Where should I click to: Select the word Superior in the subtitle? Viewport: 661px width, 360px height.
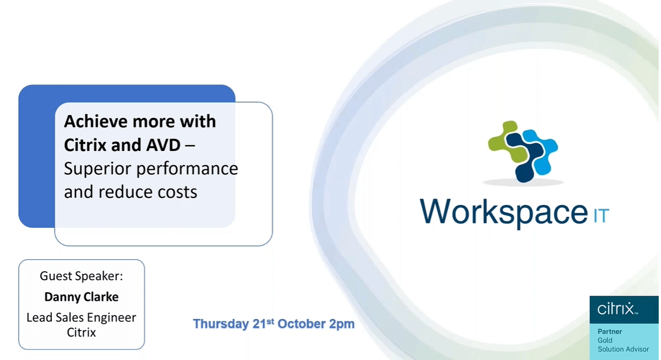(97, 169)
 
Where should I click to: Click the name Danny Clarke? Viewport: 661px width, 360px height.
(81, 297)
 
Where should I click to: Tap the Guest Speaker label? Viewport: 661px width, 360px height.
(81, 276)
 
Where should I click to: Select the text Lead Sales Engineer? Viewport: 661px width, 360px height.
(81, 317)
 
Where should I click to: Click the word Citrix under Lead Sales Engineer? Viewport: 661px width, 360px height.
(81, 332)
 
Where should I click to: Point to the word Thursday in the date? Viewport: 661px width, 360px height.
(221, 324)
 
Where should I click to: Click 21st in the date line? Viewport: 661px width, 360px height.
(264, 324)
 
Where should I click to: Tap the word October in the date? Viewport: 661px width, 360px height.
(302, 324)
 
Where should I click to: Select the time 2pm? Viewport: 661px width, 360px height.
(342, 324)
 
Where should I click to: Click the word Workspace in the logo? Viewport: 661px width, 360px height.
(503, 211)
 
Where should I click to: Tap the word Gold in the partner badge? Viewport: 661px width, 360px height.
(605, 340)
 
